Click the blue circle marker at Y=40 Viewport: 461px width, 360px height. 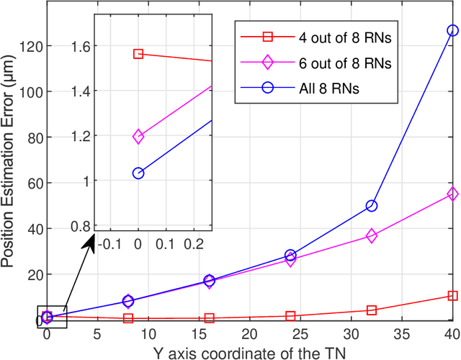coord(452,31)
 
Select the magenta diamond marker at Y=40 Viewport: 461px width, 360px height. coord(452,194)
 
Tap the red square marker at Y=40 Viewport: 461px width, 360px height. coord(452,296)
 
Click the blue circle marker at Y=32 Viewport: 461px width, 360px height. coord(372,206)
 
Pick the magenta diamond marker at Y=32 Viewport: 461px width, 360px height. coord(372,236)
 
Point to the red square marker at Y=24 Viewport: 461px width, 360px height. coord(290,316)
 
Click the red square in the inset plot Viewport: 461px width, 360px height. coord(138,54)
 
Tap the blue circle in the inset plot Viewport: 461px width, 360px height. coord(138,173)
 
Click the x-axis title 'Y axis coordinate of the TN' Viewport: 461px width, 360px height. coord(249,352)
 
